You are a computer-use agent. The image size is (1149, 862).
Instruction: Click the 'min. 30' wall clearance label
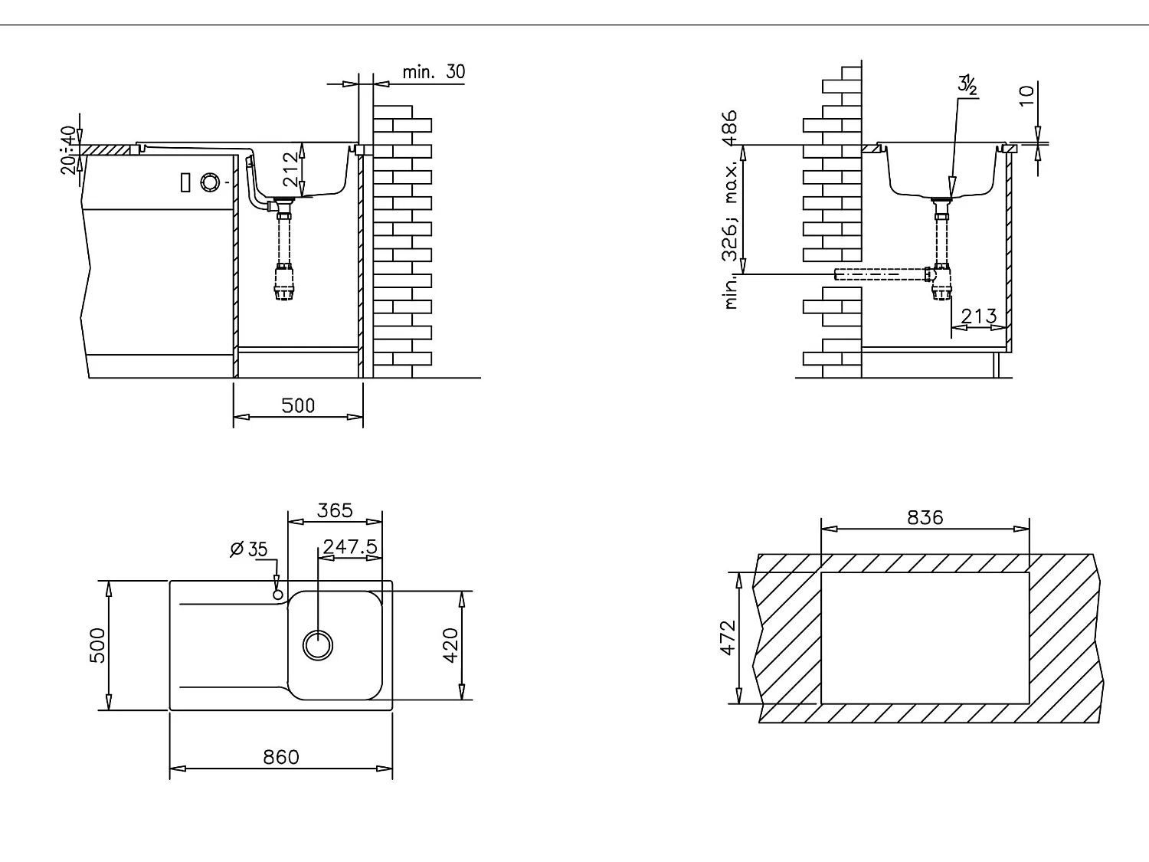[434, 72]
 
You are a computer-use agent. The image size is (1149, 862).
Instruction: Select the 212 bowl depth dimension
[290, 169]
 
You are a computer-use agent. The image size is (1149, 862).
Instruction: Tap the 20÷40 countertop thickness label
[69, 149]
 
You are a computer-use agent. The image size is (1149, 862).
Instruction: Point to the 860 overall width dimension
[281, 757]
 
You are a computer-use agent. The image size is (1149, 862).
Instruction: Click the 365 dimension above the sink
[335, 510]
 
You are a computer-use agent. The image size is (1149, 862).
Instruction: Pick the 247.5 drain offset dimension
[349, 547]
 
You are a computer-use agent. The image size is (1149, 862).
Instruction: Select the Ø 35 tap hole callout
[249, 549]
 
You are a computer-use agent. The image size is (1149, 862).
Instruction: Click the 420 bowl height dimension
[450, 645]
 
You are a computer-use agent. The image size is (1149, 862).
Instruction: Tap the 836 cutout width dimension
[925, 518]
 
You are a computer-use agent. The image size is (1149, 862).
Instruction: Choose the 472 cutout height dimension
[728, 637]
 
